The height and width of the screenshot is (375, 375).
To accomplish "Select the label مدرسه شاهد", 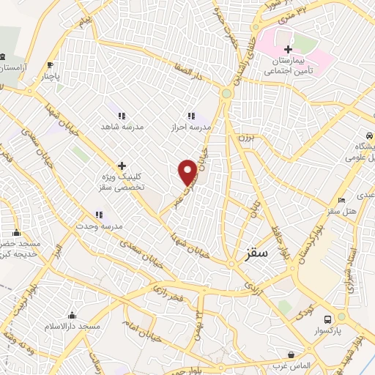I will [123, 126].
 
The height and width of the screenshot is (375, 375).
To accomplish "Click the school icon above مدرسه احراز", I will [191, 116].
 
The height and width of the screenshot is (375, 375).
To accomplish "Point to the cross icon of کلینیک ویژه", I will [122, 165].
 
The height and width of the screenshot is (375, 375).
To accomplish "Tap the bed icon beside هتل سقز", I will [341, 201].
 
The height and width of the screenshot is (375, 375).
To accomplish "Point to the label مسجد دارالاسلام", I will [72, 324].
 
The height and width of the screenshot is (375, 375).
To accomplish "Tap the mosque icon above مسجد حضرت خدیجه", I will [16, 234].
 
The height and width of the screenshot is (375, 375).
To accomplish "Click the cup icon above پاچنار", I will [50, 64].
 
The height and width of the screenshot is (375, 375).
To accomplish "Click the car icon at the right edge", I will [364, 136].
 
